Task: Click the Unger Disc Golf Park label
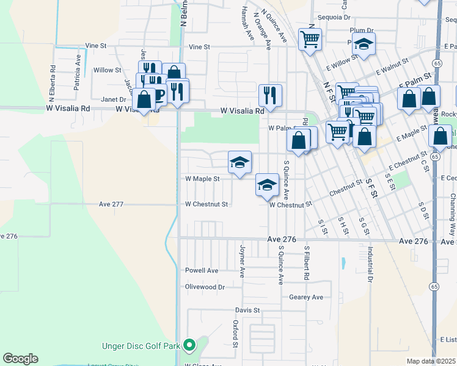pyautogui.click(x=141, y=346)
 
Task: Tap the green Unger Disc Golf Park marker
pyautogui.click(x=189, y=346)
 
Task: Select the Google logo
pyautogui.click(x=20, y=359)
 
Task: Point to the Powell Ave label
pyautogui.click(x=202, y=270)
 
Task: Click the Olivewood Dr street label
pyautogui.click(x=205, y=287)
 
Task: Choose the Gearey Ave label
pyautogui.click(x=305, y=297)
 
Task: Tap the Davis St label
pyautogui.click(x=248, y=310)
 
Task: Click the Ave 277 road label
pyautogui.click(x=112, y=204)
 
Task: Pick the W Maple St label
pyautogui.click(x=202, y=179)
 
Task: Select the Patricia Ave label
pyautogui.click(x=78, y=72)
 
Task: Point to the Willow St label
pyautogui.click(x=107, y=70)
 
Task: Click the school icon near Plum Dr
pyautogui.click(x=364, y=45)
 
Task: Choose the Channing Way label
pyautogui.click(x=453, y=210)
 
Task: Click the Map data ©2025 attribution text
pyautogui.click(x=431, y=361)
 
